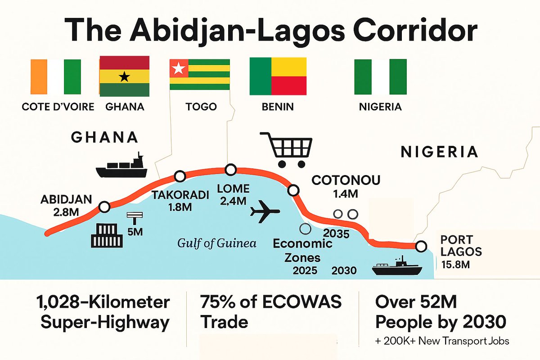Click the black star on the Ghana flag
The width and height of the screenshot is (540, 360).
coord(124,76)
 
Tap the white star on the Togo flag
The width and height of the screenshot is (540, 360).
coord(179,69)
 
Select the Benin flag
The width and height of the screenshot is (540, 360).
coord(278,76)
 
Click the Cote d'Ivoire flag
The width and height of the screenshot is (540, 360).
coord(56,76)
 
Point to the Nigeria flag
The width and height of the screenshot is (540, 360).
coord(380,76)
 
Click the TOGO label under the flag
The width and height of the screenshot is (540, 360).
coord(201,107)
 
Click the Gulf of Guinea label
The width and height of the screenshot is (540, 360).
coord(217,243)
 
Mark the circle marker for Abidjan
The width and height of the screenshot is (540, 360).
coord(104,207)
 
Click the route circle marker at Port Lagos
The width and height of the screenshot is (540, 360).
coord(421,246)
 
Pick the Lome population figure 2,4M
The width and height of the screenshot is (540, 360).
coord(234,202)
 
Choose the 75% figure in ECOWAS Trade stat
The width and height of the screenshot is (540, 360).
coord(220,302)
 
